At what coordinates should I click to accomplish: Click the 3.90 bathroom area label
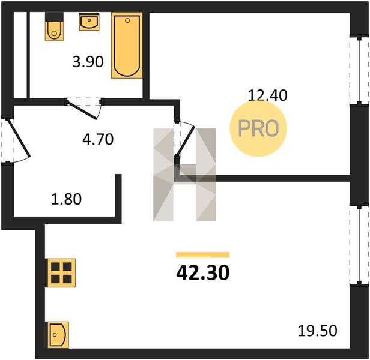click(88, 62)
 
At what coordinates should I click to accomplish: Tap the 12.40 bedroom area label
click(268, 96)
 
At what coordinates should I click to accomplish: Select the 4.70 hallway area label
click(98, 139)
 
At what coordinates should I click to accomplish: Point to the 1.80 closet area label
click(66, 199)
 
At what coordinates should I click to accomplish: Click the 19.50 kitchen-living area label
click(317, 331)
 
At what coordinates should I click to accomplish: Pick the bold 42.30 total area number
click(202, 272)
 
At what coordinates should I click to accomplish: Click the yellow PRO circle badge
click(258, 128)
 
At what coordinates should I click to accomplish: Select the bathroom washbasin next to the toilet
click(89, 22)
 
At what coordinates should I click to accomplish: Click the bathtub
click(127, 45)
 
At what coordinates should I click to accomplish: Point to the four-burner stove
click(61, 273)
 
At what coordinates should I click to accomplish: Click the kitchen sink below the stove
click(58, 335)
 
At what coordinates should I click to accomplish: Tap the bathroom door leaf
click(82, 109)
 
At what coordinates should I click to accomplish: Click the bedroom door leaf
click(186, 142)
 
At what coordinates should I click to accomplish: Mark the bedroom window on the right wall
click(359, 70)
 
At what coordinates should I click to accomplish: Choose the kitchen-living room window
click(359, 245)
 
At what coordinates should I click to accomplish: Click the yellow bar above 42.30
click(202, 255)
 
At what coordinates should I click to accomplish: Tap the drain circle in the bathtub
click(127, 20)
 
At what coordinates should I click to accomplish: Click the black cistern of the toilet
click(54, 17)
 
